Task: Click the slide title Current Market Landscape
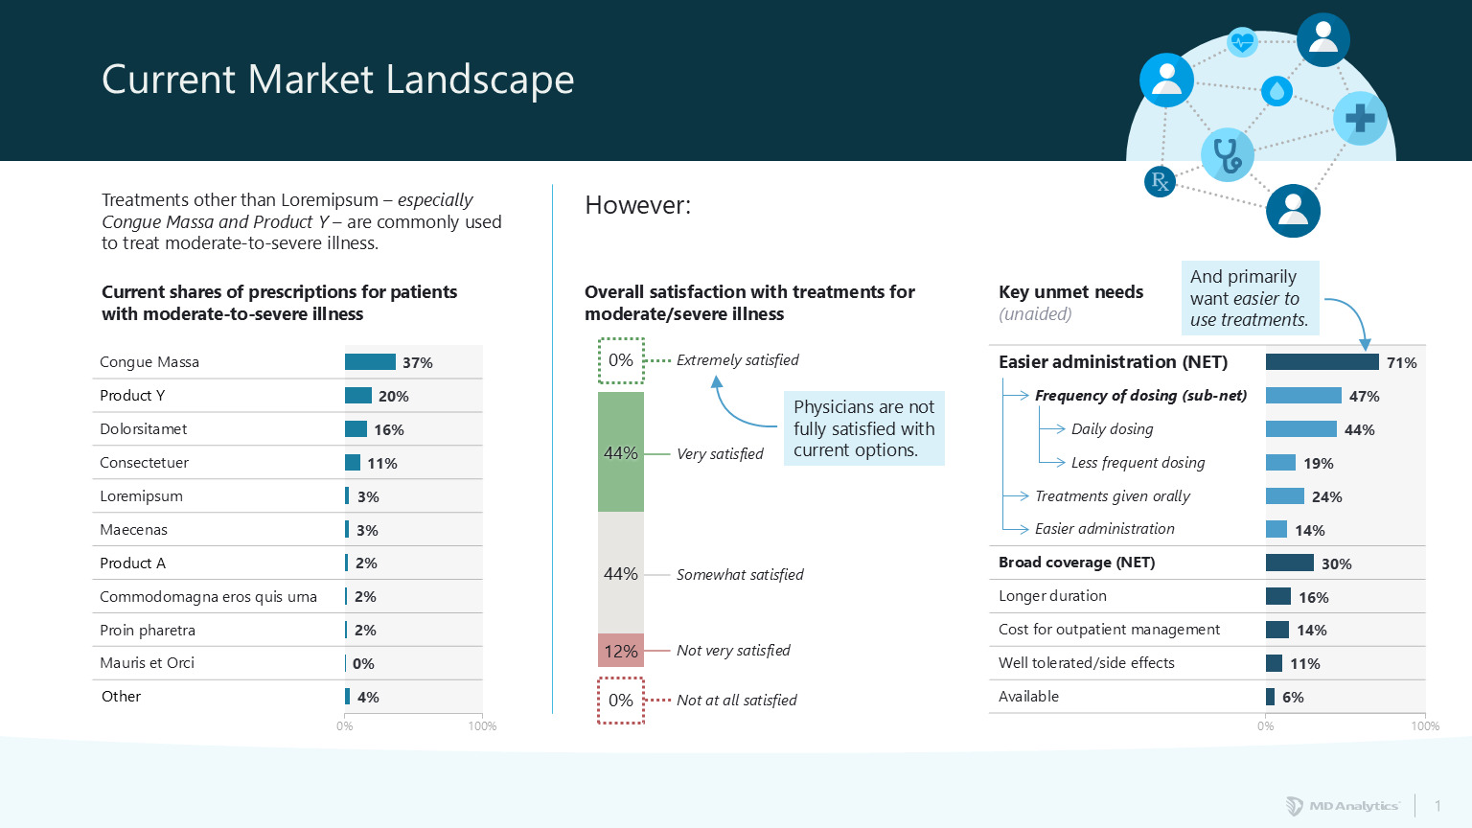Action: click(337, 80)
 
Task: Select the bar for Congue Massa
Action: click(370, 362)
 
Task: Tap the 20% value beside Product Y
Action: click(393, 396)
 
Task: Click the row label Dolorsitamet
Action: click(144, 429)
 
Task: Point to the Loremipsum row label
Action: click(141, 496)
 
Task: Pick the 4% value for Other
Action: click(368, 698)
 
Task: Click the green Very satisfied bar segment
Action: click(621, 451)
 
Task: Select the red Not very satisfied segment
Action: click(621, 651)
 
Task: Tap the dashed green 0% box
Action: click(621, 360)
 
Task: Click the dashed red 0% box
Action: click(621, 701)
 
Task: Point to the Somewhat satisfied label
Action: click(740, 575)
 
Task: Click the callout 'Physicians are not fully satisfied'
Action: click(863, 428)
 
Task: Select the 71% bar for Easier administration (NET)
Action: click(1322, 362)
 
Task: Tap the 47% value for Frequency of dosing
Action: click(1364, 396)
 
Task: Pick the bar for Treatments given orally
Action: click(1284, 496)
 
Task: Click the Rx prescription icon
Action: click(1160, 181)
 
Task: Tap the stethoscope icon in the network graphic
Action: click(1227, 154)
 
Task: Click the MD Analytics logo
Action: click(1343, 806)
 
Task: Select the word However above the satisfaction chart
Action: click(637, 205)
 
